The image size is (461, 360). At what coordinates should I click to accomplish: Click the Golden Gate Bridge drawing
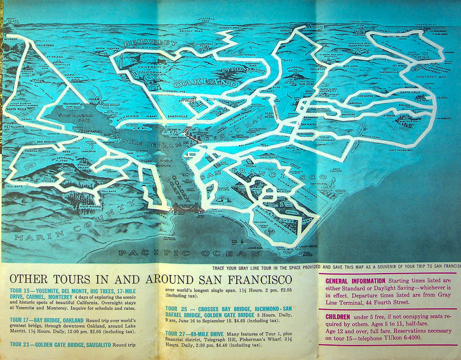pos(185,208)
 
